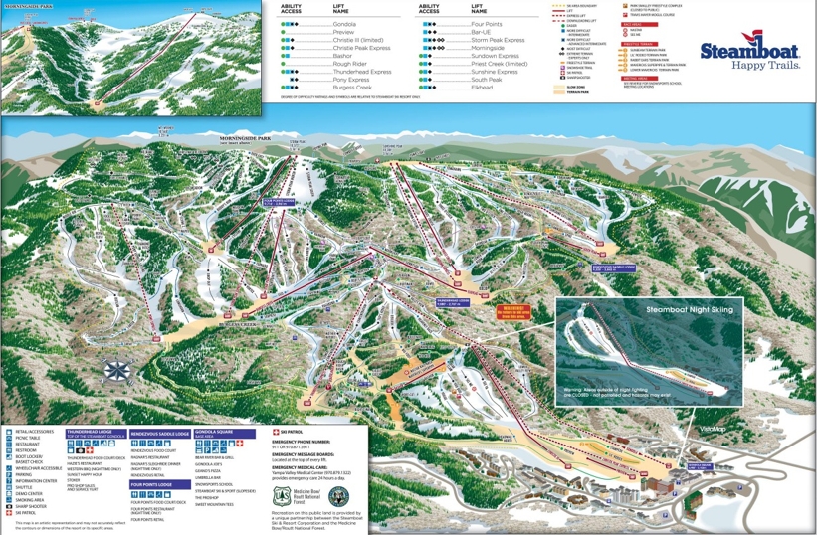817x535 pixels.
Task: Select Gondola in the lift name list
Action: pyautogui.click(x=344, y=22)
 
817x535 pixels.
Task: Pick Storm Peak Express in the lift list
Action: pyautogui.click(x=500, y=40)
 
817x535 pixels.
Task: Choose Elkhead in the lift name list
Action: pyautogui.click(x=483, y=89)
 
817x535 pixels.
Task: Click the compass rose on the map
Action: pyautogui.click(x=117, y=372)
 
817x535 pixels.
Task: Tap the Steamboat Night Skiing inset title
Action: pyautogui.click(x=689, y=310)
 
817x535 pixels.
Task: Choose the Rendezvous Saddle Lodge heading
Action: pyautogui.click(x=160, y=434)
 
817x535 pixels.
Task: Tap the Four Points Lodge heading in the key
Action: pyautogui.click(x=159, y=484)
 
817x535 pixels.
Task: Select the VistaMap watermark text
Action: pyautogui.click(x=713, y=429)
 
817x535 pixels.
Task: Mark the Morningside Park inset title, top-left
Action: pyautogui.click(x=30, y=6)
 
